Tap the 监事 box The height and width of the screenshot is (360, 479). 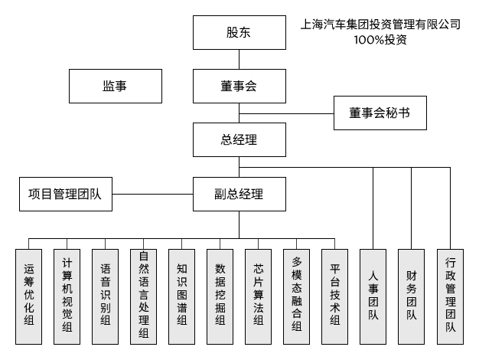tap(115, 87)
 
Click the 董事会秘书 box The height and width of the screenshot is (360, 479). tap(379, 113)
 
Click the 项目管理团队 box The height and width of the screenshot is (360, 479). tap(65, 195)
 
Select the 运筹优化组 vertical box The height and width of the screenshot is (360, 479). tap(29, 296)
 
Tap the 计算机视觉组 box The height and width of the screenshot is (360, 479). tap(67, 296)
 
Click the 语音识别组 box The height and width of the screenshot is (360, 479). tap(106, 296)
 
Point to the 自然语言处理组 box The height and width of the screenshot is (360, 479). tap(144, 296)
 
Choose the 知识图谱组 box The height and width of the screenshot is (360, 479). tap(182, 296)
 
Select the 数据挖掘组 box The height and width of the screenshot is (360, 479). tap(220, 296)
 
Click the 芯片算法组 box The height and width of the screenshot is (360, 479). tap(259, 296)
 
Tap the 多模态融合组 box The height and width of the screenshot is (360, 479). tap(297, 296)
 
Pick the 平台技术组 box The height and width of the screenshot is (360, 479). tap(335, 296)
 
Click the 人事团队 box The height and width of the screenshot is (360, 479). tap(373, 296)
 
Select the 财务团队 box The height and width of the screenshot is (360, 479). tap(412, 296)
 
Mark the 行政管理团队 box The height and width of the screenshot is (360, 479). tap(450, 296)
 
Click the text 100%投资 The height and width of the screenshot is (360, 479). tap(380, 40)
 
